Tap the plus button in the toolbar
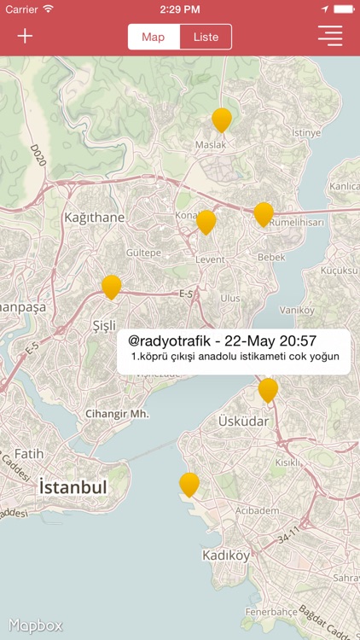(26, 36)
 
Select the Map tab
(154, 37)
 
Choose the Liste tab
(206, 37)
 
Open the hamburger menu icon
(330, 36)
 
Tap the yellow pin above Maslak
(222, 119)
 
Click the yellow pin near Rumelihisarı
(264, 214)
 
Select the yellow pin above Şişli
(111, 287)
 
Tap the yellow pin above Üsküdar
(268, 390)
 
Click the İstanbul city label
(73, 487)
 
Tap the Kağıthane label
(94, 218)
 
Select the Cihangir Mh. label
(117, 414)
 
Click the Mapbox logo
(35, 625)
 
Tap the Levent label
(210, 259)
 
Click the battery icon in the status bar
(343, 9)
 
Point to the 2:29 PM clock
(180, 9)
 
